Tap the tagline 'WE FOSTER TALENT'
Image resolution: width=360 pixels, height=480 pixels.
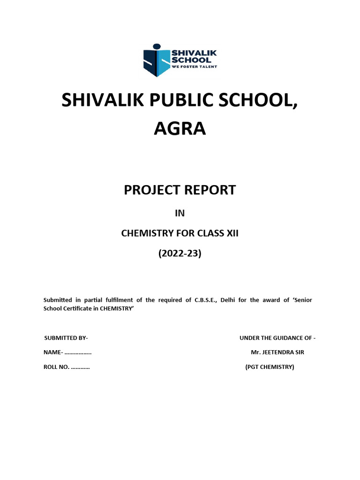tap(195, 67)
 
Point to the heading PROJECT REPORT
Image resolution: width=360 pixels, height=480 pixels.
tap(180, 190)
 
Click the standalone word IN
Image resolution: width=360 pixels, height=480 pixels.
tap(180, 213)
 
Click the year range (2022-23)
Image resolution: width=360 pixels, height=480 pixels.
tap(180, 254)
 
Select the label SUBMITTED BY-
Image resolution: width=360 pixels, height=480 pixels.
tap(66, 338)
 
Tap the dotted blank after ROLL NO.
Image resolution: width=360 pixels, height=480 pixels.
tap(80, 367)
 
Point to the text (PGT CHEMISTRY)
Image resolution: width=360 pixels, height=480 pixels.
tap(270, 367)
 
